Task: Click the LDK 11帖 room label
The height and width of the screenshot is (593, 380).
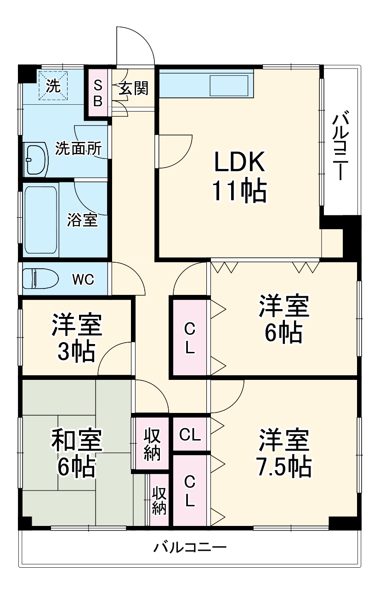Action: pyautogui.click(x=239, y=176)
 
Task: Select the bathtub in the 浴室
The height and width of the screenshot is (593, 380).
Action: pyautogui.click(x=40, y=219)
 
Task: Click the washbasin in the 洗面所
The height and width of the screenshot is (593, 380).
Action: pyautogui.click(x=37, y=159)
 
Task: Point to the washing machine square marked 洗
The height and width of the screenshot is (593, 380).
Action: pyautogui.click(x=52, y=85)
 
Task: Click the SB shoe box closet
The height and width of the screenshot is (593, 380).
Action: pyautogui.click(x=98, y=93)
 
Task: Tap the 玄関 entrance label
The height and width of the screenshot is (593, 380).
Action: pyautogui.click(x=134, y=88)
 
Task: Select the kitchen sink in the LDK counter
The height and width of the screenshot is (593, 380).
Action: pyautogui.click(x=228, y=85)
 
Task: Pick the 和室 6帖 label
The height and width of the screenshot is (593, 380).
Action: pyautogui.click(x=76, y=452)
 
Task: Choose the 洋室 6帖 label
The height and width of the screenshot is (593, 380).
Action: pyautogui.click(x=283, y=320)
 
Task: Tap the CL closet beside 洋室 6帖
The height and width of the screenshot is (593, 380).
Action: pyautogui.click(x=190, y=338)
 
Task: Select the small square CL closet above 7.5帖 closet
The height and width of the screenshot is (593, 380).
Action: pyautogui.click(x=190, y=435)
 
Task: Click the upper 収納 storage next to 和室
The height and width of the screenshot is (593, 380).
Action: pyautogui.click(x=152, y=444)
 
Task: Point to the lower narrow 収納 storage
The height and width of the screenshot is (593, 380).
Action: pyautogui.click(x=159, y=501)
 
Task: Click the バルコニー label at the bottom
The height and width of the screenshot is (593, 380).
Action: pyautogui.click(x=190, y=548)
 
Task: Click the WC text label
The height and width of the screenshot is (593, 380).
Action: pyautogui.click(x=83, y=279)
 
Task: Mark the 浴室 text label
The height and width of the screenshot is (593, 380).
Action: pyautogui.click(x=83, y=220)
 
